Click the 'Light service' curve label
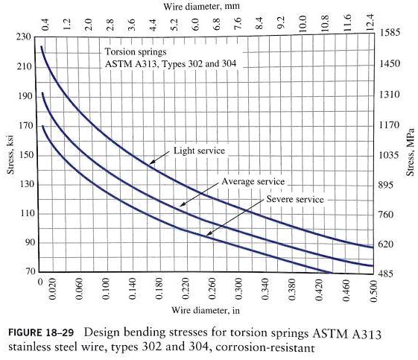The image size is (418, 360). pos(198,151)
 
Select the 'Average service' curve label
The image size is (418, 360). pos(253,182)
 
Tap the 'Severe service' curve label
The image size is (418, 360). pos(295,200)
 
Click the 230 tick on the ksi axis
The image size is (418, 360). pos(22,37)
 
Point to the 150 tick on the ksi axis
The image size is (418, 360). pos(22,154)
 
